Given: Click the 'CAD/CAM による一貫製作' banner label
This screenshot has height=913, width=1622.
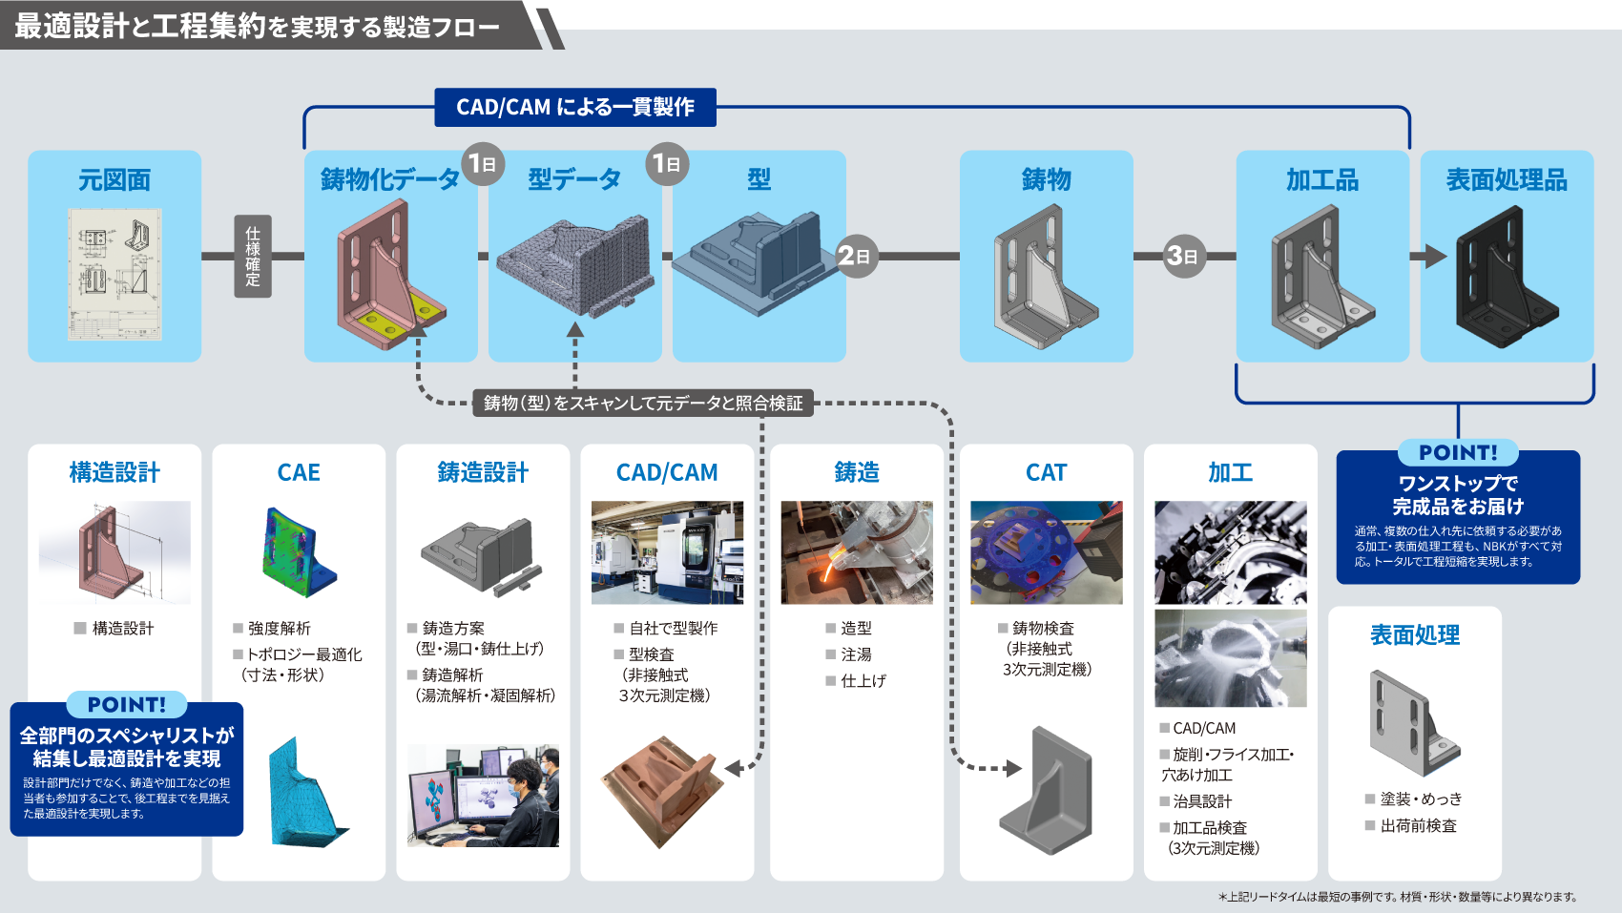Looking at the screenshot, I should pos(574,107).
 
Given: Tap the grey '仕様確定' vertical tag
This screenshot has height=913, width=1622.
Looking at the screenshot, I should pos(253,256).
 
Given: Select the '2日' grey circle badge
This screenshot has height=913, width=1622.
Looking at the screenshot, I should pos(855,256).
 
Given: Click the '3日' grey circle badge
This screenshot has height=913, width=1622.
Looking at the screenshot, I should pos(1183,256).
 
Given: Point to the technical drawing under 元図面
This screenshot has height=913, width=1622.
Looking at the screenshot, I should pos(114,274).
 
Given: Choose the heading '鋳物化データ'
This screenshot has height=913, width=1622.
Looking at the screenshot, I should pos(389,179).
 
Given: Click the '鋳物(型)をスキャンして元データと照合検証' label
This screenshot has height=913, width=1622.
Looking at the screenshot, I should pos(643,403).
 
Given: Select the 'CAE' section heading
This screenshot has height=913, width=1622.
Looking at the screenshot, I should pos(299,472).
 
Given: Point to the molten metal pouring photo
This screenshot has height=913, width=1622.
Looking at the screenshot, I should pos(857,552).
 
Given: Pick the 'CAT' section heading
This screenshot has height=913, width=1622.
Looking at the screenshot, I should pos(1046,472).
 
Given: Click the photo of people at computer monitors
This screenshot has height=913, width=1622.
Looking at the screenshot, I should pos(483,796).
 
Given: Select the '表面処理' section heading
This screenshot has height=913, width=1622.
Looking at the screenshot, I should pos(1415,634).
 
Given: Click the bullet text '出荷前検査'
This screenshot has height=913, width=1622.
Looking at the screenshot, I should pos(1418,825).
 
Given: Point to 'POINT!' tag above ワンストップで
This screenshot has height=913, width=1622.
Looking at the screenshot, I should pos(1458,452).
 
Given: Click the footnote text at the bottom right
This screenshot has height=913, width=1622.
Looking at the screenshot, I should pos(1397,897).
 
